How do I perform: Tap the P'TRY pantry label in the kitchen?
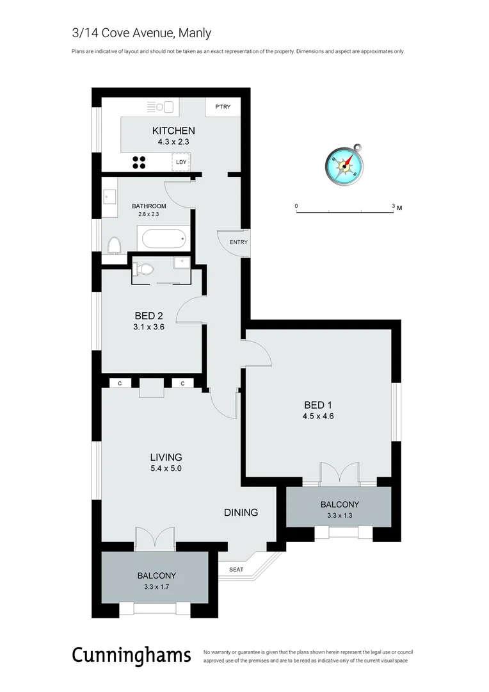tap(223, 107)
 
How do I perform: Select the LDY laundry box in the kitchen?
tap(181, 162)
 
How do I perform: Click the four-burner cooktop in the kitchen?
tap(140, 162)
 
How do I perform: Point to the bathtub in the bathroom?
tap(163, 240)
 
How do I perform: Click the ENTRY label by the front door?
tap(238, 242)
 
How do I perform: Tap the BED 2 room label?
tap(149, 315)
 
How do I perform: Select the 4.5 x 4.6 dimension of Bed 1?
tap(319, 416)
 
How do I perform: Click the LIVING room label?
tap(166, 457)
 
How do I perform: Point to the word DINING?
tap(241, 513)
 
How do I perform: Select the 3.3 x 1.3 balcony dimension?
tap(339, 515)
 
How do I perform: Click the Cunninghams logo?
tap(131, 655)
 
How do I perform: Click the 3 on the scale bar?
tap(393, 206)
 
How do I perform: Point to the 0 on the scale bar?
tap(296, 206)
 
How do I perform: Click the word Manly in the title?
tap(195, 33)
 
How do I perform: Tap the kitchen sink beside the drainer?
tap(169, 106)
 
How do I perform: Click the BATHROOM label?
tap(148, 206)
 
